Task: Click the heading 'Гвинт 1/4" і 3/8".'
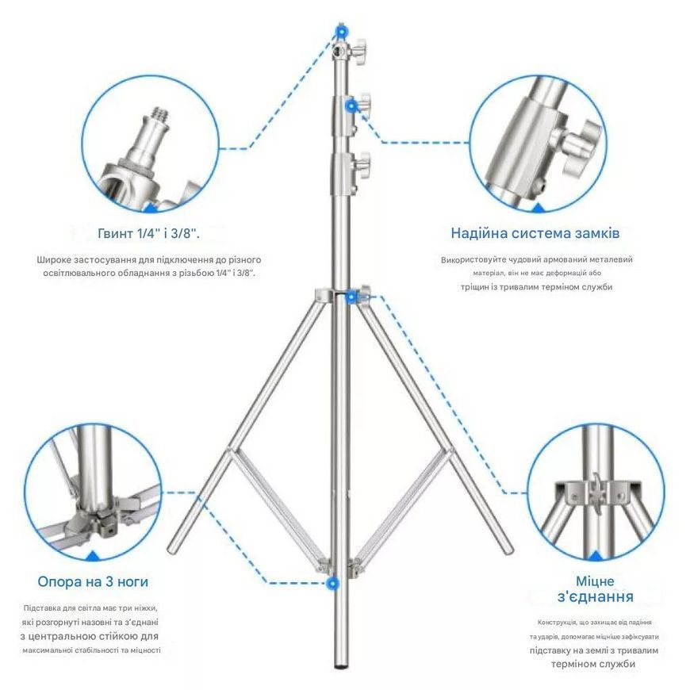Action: [x=149, y=233]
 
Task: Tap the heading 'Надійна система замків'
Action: [x=535, y=233]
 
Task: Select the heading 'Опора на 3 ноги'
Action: [x=93, y=582]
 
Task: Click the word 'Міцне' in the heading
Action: [x=595, y=581]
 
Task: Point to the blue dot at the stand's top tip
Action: [x=341, y=31]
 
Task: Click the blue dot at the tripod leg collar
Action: [x=351, y=297]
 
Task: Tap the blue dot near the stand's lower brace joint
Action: [x=333, y=584]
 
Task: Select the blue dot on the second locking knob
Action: [x=351, y=105]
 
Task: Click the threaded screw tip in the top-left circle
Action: [x=160, y=114]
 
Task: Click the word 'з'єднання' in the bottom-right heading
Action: [x=596, y=597]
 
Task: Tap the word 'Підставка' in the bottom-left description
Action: [x=40, y=608]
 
